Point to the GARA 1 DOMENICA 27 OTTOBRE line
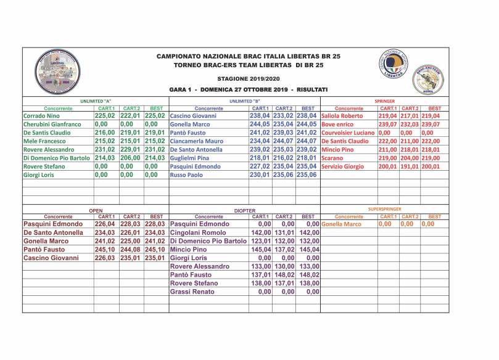[x=248, y=90]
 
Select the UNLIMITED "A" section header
[x=96, y=100]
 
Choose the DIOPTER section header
[x=244, y=210]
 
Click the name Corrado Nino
[x=41, y=116]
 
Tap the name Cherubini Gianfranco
[x=52, y=124]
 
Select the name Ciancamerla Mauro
[x=197, y=141]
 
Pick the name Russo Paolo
[x=186, y=174]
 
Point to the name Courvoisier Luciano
[x=348, y=133]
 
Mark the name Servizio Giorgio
[x=343, y=166]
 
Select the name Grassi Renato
[x=192, y=292]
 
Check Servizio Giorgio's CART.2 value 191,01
[x=408, y=166]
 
